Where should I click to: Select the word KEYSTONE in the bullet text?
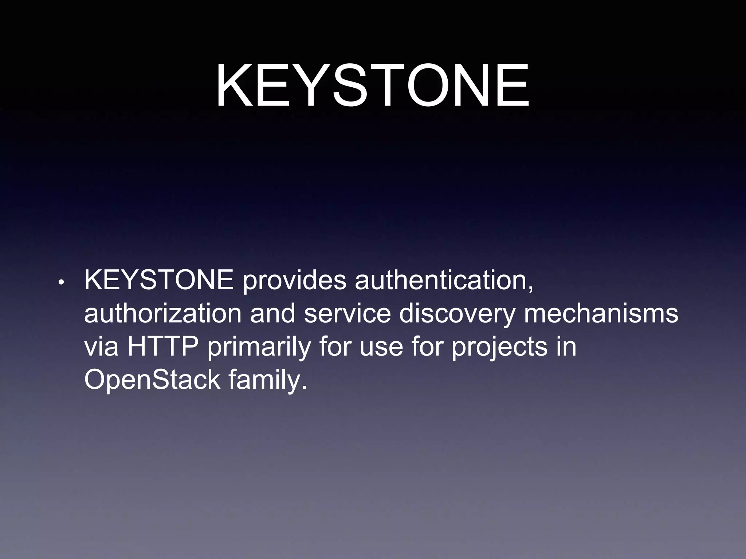[159, 280]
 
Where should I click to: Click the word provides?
[294, 281]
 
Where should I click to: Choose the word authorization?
[162, 313]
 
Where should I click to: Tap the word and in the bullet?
[272, 313]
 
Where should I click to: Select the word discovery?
[457, 314]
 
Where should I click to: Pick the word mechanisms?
[601, 313]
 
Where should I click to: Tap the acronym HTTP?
[162, 346]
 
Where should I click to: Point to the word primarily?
[259, 347]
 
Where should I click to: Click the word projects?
[499, 347]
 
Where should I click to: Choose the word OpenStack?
[152, 380]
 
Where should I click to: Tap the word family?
[264, 380]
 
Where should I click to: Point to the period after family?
[305, 387]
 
